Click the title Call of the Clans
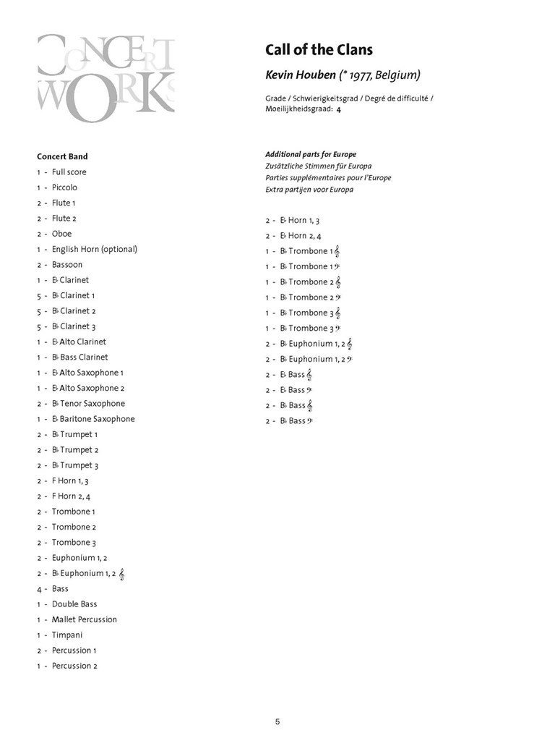pos(319,50)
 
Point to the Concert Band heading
pos(62,156)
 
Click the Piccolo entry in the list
pos(64,187)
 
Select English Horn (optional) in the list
pos(94,249)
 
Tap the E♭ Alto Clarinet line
pos(79,342)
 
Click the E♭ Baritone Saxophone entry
pos(92,419)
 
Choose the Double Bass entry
pos(74,604)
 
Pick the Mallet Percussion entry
pos(84,619)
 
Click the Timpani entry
pos(67,635)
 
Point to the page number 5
pos(277,721)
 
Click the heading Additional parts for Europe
pos(311,154)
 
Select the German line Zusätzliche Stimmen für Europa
pos(318,166)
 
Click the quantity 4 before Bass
pos(39,589)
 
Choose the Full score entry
pos(69,172)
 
